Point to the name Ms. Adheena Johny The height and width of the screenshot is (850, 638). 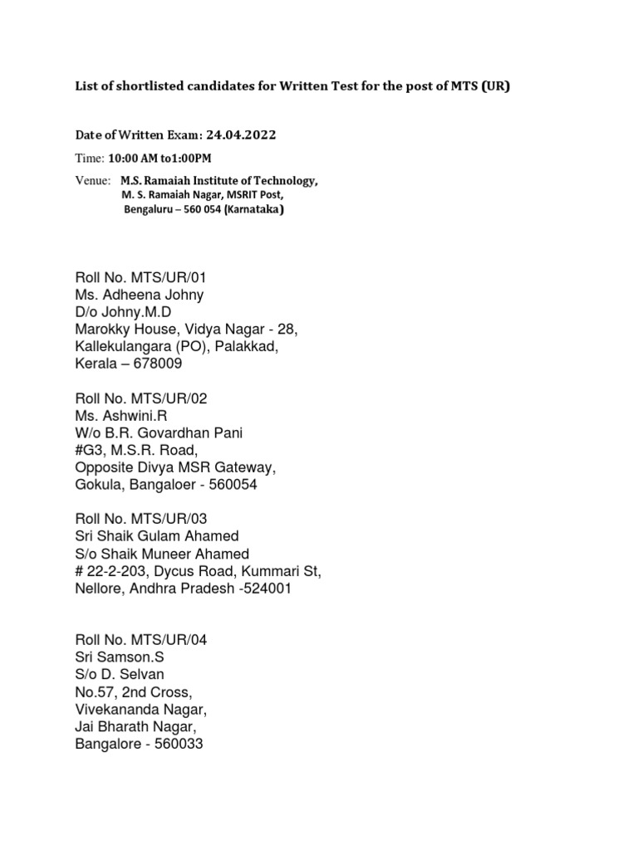tap(139, 295)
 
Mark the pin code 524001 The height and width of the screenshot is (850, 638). tap(264, 589)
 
